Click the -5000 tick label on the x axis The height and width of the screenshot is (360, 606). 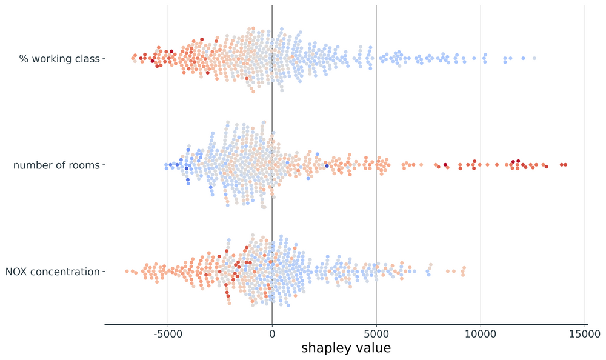(x=168, y=333)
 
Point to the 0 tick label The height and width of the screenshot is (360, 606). (x=272, y=333)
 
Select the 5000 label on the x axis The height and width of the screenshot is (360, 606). (x=376, y=333)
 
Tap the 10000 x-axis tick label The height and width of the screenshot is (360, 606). (x=481, y=333)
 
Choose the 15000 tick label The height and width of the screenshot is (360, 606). (x=585, y=333)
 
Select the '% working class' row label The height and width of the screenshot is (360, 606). (x=59, y=58)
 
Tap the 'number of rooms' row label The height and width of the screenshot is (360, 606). (x=56, y=165)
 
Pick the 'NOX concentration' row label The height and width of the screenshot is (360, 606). (x=52, y=272)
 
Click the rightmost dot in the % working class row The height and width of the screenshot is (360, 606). (x=534, y=58)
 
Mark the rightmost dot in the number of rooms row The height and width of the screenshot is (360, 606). (x=565, y=165)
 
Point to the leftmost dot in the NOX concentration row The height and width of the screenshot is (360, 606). (x=127, y=271)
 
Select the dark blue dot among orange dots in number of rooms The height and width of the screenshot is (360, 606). (x=327, y=165)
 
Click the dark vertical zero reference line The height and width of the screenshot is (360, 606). (x=272, y=121)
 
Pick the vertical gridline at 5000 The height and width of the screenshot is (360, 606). (x=376, y=109)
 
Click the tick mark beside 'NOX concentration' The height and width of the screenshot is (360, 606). (x=103, y=272)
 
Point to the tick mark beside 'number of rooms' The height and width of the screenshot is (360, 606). (x=103, y=165)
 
